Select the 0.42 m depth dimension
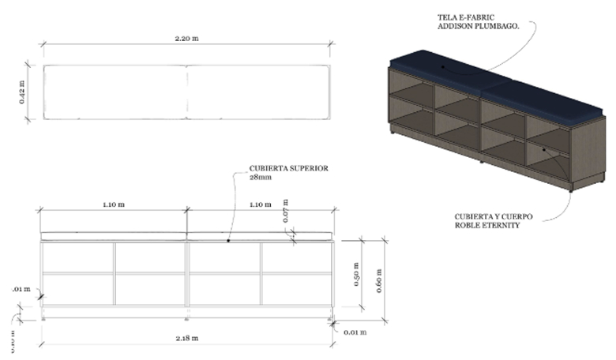point(22,92)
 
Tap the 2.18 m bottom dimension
point(186,338)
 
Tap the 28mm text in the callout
point(260,178)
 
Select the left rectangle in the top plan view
point(114,92)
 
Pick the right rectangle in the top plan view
point(257,92)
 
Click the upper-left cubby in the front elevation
point(79,257)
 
